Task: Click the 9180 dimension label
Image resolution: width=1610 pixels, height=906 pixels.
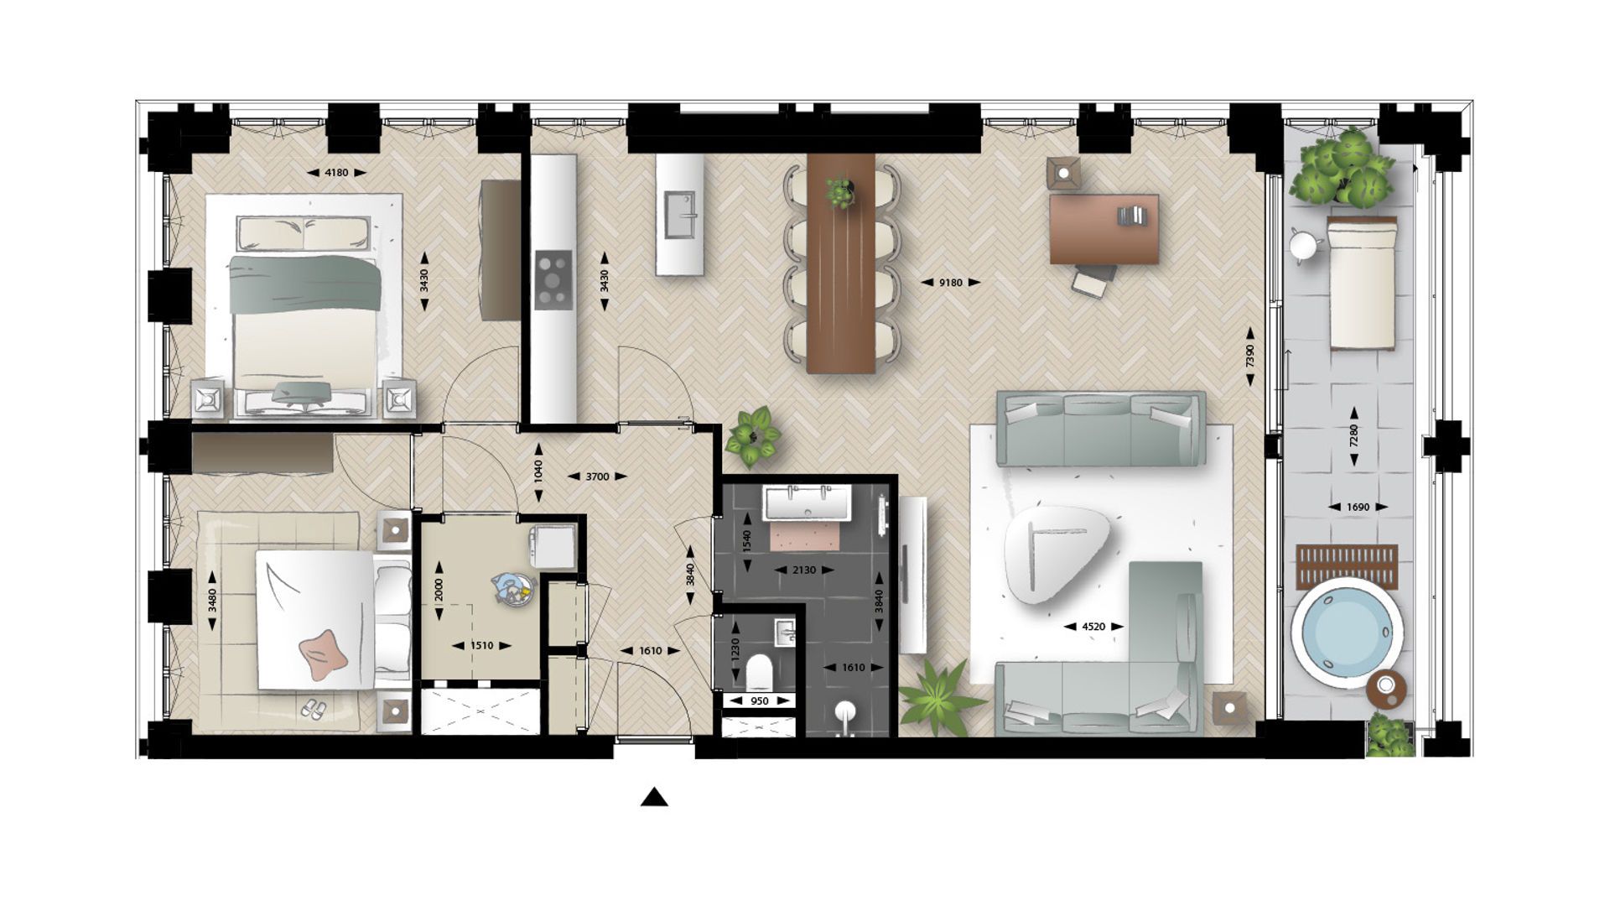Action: (x=950, y=283)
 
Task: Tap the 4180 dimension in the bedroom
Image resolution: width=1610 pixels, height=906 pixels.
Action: (x=335, y=173)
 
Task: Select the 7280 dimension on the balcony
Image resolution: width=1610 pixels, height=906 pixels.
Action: (x=1353, y=436)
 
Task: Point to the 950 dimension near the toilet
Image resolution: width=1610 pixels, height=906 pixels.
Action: (x=760, y=701)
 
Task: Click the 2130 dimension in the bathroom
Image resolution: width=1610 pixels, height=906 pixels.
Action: (x=803, y=570)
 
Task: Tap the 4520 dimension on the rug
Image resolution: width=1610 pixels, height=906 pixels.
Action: (x=1093, y=627)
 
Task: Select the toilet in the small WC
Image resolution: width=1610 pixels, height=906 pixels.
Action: (x=759, y=670)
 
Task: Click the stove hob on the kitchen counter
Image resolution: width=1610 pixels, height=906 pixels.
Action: (x=553, y=280)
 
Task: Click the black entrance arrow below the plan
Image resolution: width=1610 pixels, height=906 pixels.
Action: (x=654, y=798)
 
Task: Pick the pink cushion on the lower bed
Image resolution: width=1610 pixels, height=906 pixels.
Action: (x=322, y=653)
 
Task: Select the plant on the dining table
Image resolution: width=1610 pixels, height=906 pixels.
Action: (x=839, y=191)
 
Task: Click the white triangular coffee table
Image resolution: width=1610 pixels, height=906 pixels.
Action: (x=1055, y=554)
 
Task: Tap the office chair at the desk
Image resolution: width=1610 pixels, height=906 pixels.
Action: (x=1093, y=280)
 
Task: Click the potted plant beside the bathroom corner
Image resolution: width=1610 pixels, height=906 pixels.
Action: (x=752, y=436)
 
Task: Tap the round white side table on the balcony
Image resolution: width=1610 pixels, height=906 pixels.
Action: (x=1304, y=246)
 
